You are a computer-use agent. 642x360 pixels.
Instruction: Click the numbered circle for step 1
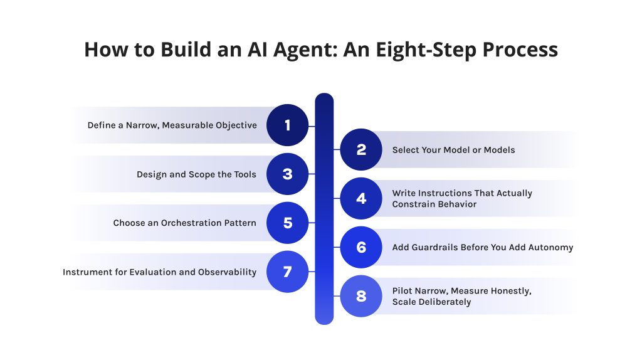(x=287, y=125)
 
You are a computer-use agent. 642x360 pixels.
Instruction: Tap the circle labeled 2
(x=361, y=149)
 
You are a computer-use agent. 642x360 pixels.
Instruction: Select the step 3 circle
(x=287, y=174)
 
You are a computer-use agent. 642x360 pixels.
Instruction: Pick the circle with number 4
(x=361, y=198)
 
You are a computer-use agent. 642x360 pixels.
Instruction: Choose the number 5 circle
(x=287, y=223)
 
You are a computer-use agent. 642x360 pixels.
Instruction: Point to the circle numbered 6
(x=361, y=247)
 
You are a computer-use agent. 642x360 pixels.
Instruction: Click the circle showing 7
(x=287, y=272)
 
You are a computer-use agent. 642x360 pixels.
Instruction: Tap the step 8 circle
(x=361, y=295)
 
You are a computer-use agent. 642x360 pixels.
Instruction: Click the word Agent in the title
(x=305, y=50)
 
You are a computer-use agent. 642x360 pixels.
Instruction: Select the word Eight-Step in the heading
(x=426, y=50)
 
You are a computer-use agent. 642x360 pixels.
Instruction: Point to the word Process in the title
(x=520, y=50)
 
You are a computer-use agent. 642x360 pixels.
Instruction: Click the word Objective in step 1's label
(x=236, y=125)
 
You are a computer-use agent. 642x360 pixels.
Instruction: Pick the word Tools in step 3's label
(x=245, y=174)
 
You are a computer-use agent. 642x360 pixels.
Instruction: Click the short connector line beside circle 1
(x=312, y=126)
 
